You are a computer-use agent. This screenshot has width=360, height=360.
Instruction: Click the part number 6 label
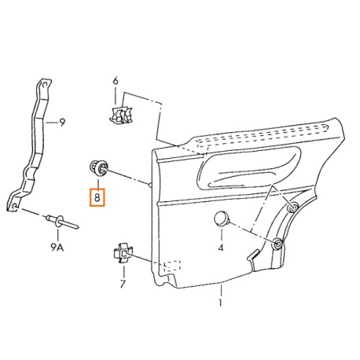point(116,81)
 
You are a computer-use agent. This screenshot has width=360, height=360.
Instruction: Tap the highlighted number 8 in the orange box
point(97,197)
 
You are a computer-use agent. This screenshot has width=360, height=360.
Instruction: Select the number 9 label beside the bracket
point(62,123)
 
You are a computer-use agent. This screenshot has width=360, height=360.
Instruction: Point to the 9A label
point(57,247)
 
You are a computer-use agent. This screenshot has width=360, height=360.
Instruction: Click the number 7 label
point(123,284)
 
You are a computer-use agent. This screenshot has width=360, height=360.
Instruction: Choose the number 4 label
point(221,247)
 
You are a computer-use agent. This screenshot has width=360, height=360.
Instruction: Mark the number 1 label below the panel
point(220,303)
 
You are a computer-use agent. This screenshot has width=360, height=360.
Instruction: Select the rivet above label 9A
point(62,222)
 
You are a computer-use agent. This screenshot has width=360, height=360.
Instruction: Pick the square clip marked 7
point(122,252)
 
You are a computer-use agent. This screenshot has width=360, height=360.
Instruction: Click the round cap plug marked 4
point(222,219)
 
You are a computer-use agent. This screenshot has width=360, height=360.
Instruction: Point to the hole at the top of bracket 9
point(45,84)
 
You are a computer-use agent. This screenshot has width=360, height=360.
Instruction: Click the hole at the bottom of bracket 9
point(15,206)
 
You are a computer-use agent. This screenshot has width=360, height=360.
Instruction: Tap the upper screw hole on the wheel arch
point(292,208)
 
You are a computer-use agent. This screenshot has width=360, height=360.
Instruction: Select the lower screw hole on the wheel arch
point(277,244)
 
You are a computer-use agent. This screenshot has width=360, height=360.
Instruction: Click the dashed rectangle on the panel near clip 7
point(172,266)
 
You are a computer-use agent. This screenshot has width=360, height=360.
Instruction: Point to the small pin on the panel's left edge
point(150,185)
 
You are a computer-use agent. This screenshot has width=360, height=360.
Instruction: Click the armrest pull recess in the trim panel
point(249,170)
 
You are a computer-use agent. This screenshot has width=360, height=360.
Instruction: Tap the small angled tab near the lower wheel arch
point(252,255)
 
